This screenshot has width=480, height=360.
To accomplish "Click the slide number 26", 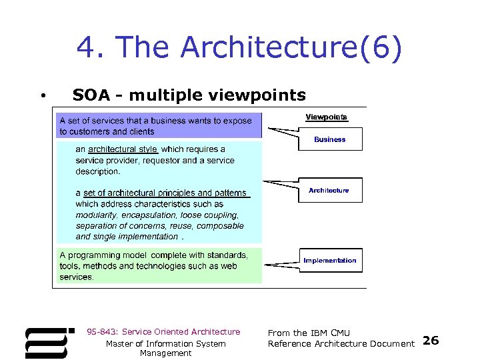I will pos(431,341).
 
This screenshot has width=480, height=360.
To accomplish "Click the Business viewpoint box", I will pos(330,139).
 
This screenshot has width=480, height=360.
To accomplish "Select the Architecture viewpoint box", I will pos(329,190).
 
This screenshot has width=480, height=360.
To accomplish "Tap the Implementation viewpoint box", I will pos(329,260).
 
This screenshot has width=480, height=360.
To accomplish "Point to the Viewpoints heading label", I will pos(326,117).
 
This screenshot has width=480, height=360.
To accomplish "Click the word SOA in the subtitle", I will pos(91,95).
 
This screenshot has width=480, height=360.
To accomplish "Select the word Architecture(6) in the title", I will pos(291,48).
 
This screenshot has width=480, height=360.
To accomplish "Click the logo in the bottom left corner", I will pos(46,343).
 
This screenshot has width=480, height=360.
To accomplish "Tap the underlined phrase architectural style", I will pos(123,149).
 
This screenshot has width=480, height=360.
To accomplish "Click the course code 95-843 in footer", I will pos(103,332).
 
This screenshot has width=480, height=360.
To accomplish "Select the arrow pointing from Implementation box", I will pos(280,264).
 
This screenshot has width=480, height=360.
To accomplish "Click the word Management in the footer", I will pos(165,353).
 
